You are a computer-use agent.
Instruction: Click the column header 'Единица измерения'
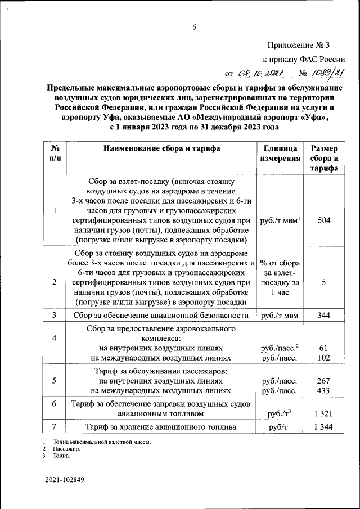(x=280, y=153)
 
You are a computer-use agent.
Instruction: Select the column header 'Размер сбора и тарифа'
(x=323, y=159)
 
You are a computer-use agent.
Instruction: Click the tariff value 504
(x=323, y=220)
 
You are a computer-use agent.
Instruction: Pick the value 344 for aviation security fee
(x=323, y=316)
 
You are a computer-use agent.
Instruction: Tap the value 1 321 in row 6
(x=323, y=413)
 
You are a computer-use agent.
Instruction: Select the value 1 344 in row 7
(x=323, y=427)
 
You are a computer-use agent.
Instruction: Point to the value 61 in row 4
(x=323, y=348)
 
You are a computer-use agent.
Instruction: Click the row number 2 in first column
(x=55, y=282)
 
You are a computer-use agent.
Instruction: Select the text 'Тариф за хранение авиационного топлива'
(x=161, y=427)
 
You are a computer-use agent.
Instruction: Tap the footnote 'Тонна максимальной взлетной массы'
(x=102, y=443)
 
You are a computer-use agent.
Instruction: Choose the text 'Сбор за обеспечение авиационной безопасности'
(x=161, y=316)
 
